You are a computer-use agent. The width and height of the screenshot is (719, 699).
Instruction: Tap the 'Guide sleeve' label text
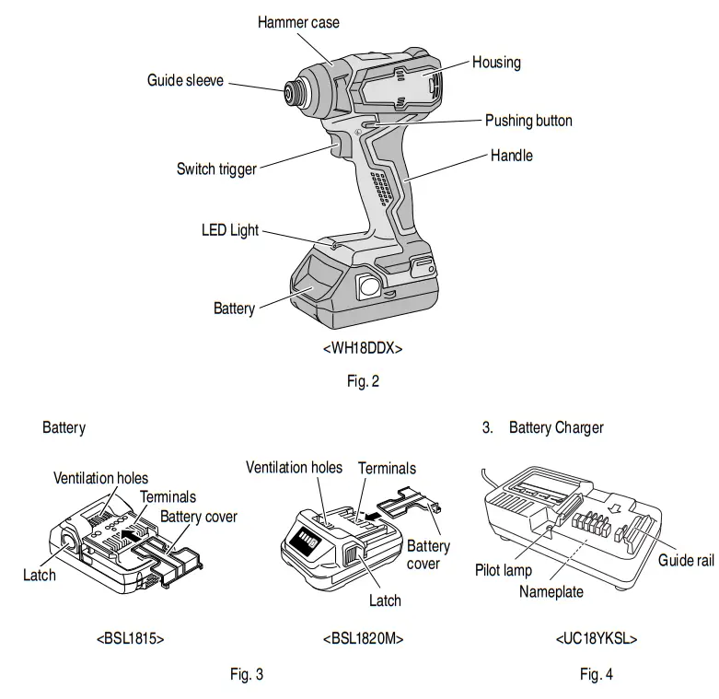[x=185, y=80]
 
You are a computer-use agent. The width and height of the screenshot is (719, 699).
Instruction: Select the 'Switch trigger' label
[x=216, y=169]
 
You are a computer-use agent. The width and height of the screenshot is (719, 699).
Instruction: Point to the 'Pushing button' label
[x=528, y=121]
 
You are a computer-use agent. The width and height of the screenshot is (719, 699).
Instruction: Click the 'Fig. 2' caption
[x=362, y=381]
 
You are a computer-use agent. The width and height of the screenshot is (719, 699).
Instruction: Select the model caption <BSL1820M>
[x=363, y=638]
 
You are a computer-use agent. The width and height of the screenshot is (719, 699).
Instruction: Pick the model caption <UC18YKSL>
[x=596, y=638]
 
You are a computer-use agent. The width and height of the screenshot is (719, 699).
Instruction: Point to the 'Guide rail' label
[x=686, y=561]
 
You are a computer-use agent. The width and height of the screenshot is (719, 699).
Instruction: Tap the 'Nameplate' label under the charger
[x=551, y=592]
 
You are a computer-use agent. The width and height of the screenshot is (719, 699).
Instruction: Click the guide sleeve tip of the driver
[x=294, y=90]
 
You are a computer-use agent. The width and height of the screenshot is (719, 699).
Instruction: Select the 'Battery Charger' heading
[x=556, y=428]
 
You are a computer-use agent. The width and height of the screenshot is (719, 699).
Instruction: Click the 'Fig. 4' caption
[x=596, y=674]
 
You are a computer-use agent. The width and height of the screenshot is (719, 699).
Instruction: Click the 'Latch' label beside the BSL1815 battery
[x=39, y=575]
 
